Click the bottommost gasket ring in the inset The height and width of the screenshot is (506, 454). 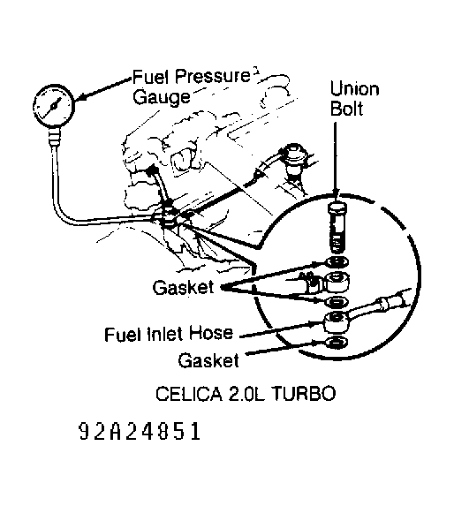pos(336,342)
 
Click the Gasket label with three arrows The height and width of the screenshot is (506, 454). pos(179,287)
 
